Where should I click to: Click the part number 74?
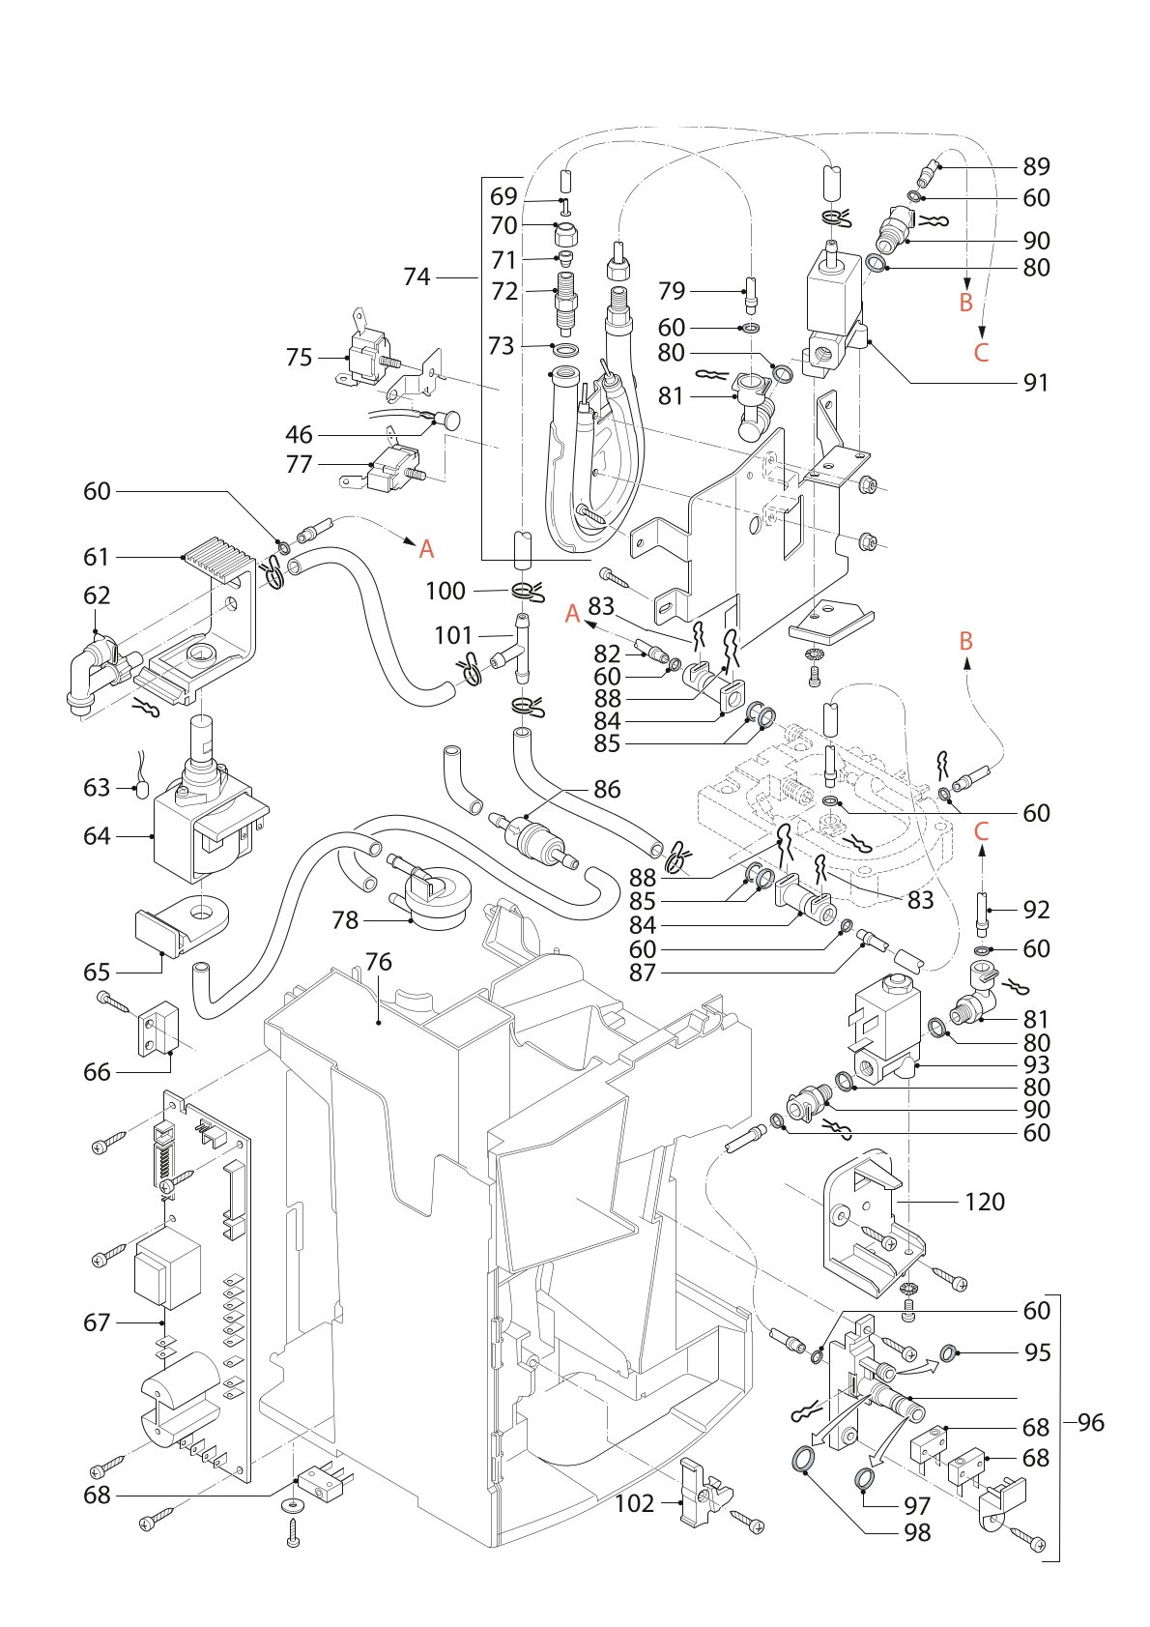coord(417,276)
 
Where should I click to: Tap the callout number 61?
coord(97,557)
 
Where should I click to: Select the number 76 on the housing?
coord(378,962)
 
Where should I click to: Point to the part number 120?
coord(985,1202)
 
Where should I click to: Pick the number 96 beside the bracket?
coord(1091,1422)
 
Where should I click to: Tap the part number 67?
coord(97,1322)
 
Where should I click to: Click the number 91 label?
coord(1036,383)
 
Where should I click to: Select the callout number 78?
coord(345,920)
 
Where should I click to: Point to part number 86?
coord(607,790)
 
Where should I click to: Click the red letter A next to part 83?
coord(573,615)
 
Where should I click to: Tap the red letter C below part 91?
coord(981,352)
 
